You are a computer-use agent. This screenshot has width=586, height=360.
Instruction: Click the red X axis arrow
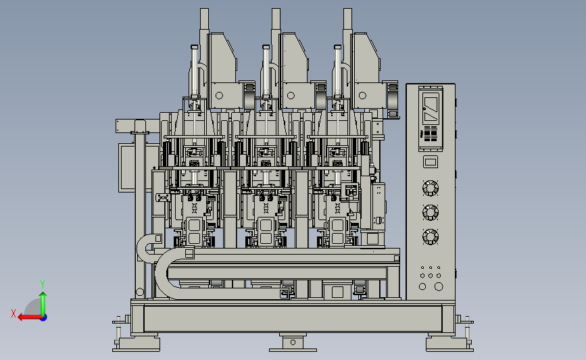[30, 317]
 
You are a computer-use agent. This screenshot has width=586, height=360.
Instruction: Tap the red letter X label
[14, 313]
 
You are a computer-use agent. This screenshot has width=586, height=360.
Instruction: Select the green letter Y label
[43, 284]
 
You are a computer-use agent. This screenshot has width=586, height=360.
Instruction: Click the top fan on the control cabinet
[430, 188]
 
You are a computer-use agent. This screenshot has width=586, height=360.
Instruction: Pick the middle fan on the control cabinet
[430, 213]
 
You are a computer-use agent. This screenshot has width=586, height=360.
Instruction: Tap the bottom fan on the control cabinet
[430, 237]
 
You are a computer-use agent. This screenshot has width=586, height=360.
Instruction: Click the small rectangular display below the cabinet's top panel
[430, 161]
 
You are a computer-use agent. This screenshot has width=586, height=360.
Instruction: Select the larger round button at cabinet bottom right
[439, 286]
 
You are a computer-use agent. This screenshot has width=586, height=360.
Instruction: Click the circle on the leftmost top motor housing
[220, 96]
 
